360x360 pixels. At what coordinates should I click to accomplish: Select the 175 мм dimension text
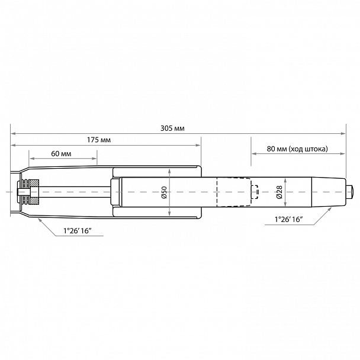pyautogui.click(x=99, y=140)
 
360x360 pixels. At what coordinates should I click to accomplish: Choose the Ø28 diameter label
pyautogui.click(x=279, y=192)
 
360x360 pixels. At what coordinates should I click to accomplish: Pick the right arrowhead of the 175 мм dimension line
pyautogui.click(x=199, y=145)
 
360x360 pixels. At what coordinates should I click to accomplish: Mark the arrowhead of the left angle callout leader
pyautogui.click(x=40, y=220)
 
